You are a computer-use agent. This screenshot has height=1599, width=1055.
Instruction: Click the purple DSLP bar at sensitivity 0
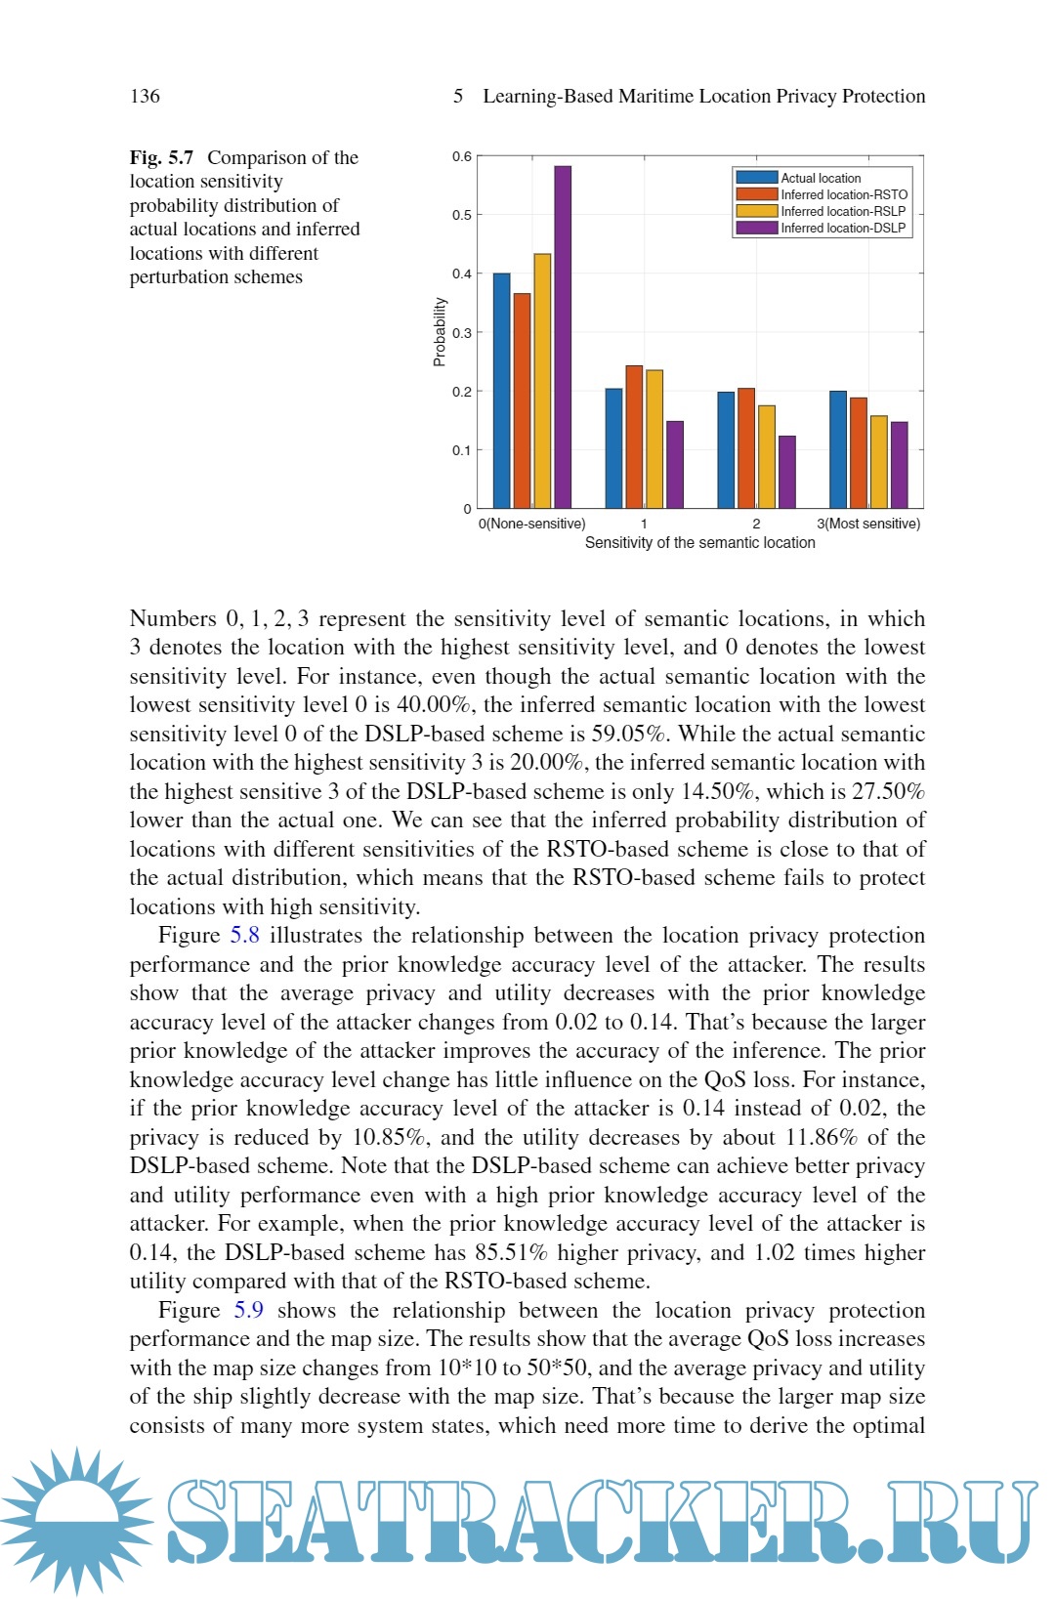tap(563, 337)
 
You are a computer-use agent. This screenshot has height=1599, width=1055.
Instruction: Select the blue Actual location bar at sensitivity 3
tap(838, 449)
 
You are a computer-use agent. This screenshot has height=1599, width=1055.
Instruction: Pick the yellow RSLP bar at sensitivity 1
tap(654, 439)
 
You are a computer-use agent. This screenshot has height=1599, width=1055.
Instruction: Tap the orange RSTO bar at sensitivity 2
tap(746, 447)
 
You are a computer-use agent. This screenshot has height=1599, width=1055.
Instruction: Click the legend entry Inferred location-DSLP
tap(843, 228)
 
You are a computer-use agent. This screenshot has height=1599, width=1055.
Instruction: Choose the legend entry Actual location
tap(821, 178)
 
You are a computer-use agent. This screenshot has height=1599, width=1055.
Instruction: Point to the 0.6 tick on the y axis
tap(462, 156)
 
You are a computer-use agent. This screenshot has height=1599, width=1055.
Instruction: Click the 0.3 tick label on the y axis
tap(462, 333)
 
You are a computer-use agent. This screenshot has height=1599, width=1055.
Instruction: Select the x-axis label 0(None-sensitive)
tap(532, 524)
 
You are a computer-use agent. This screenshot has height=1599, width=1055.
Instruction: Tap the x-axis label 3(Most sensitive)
tap(868, 524)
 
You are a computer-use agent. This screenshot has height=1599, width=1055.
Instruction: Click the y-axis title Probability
tap(440, 332)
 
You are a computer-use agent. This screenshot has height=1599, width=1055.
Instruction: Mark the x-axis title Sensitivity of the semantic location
tap(699, 543)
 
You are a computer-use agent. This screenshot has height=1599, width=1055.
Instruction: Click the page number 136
tap(145, 96)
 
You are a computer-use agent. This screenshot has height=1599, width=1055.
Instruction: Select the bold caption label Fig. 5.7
tap(161, 157)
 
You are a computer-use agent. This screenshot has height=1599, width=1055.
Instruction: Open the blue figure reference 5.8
tap(244, 936)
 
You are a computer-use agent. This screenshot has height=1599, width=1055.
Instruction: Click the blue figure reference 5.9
tap(248, 1311)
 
